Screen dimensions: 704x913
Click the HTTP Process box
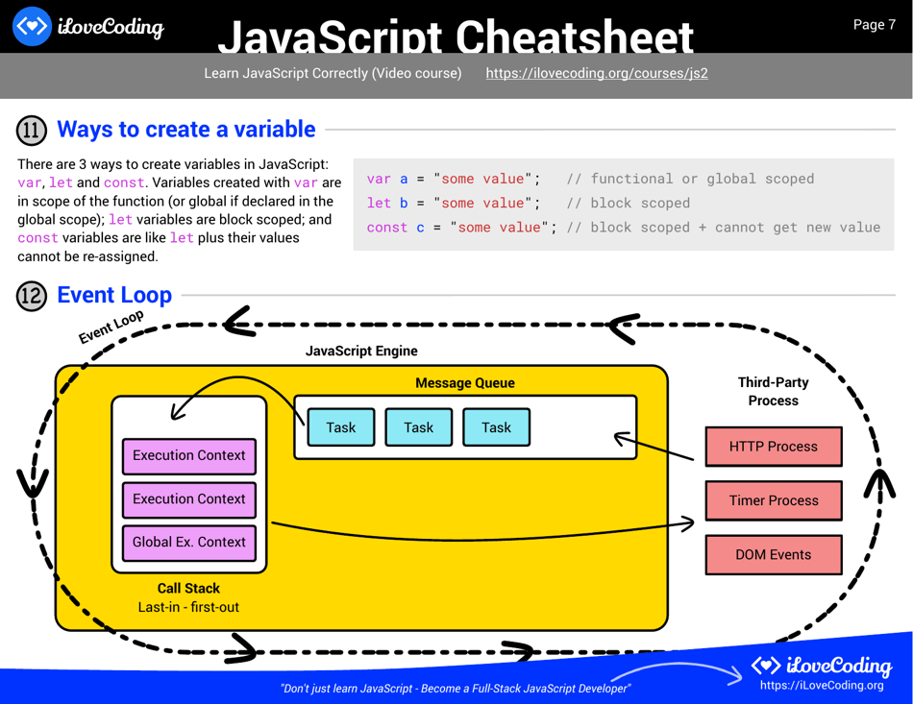(x=773, y=447)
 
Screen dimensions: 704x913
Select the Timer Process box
(x=773, y=500)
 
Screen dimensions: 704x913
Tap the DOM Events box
(x=773, y=554)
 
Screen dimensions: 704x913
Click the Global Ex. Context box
(x=188, y=542)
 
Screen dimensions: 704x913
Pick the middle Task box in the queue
(x=418, y=427)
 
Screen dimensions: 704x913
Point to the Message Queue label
(x=464, y=383)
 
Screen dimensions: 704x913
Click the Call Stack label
(x=188, y=588)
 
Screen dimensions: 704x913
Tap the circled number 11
(x=32, y=130)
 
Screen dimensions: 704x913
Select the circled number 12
(x=32, y=296)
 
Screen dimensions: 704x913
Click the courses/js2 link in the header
(x=596, y=73)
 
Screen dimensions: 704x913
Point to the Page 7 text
(x=874, y=25)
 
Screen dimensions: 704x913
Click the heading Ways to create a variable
(x=186, y=130)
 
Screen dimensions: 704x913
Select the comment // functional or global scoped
(x=690, y=179)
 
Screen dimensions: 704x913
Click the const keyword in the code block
(x=387, y=228)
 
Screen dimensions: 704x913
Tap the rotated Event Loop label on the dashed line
(x=111, y=327)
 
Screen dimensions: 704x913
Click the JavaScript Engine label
(x=361, y=352)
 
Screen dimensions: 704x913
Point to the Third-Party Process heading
(x=773, y=391)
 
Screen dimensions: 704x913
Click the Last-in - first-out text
(x=188, y=607)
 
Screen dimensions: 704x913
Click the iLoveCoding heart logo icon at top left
(x=32, y=26)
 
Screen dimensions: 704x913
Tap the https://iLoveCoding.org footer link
(x=821, y=685)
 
